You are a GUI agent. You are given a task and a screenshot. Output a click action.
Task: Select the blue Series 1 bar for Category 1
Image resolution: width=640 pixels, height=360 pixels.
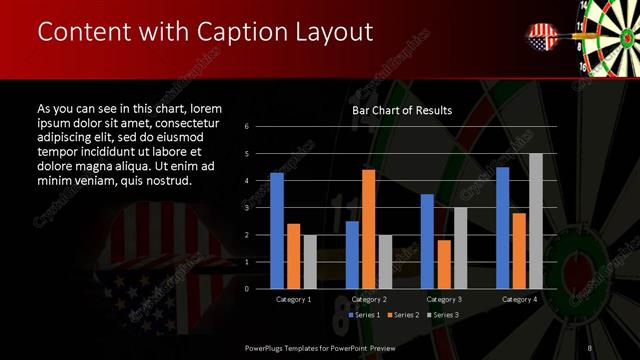pyautogui.click(x=277, y=230)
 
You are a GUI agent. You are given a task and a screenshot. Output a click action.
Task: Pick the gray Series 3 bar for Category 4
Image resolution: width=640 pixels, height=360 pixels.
pyautogui.click(x=535, y=221)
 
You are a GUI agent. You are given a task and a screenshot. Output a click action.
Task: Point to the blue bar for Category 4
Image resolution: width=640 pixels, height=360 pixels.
pyautogui.click(x=503, y=227)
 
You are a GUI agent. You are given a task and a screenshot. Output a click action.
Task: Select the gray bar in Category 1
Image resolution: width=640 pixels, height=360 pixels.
pyautogui.click(x=309, y=261)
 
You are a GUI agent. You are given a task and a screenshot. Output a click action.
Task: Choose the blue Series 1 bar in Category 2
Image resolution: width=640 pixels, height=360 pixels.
pyautogui.click(x=352, y=254)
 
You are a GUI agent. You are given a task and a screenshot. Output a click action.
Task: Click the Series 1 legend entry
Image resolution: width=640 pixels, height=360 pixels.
pyautogui.click(x=365, y=315)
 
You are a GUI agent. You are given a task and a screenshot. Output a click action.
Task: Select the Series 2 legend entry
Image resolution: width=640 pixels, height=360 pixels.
pyautogui.click(x=403, y=315)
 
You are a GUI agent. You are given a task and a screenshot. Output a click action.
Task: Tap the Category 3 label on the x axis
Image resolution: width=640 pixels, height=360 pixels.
pyautogui.click(x=443, y=299)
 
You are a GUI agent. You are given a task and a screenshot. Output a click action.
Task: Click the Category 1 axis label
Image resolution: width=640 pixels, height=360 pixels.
pyautogui.click(x=293, y=299)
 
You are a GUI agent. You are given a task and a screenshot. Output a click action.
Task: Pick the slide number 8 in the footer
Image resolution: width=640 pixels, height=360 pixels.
pyautogui.click(x=590, y=347)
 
